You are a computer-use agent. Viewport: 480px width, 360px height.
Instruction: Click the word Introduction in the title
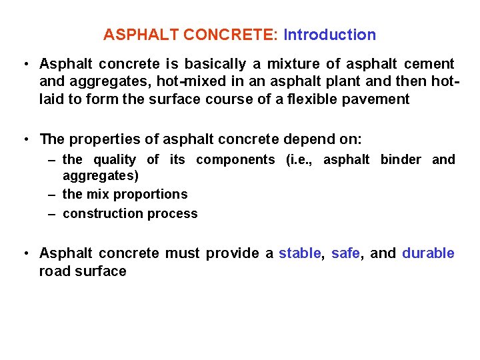329,35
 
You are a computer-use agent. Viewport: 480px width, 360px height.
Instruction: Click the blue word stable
299,253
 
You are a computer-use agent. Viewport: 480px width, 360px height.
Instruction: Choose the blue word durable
428,253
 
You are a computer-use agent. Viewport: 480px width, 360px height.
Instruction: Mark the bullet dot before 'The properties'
25,140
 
